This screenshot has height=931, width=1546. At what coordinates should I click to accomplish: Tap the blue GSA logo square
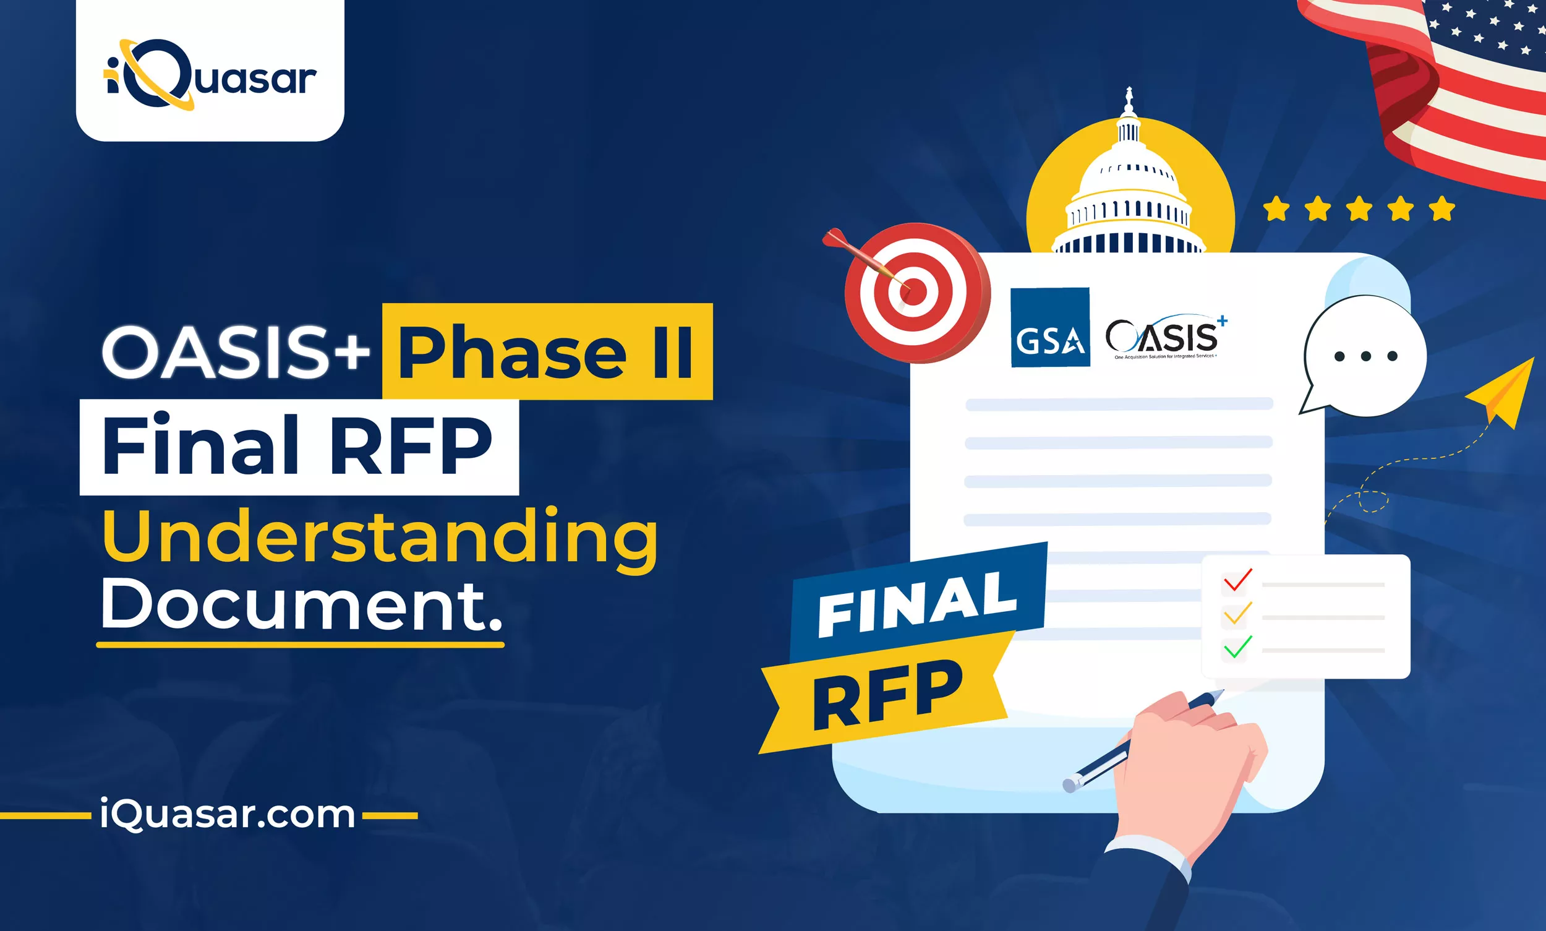click(x=1050, y=327)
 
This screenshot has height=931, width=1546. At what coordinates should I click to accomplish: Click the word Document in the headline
click(x=301, y=605)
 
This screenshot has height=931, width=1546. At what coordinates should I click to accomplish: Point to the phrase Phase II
click(x=546, y=353)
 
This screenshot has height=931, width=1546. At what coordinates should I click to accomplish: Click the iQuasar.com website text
click(x=227, y=814)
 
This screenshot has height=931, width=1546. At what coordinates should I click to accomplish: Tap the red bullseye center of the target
click(x=913, y=293)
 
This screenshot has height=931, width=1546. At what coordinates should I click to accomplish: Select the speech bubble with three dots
click(x=1365, y=356)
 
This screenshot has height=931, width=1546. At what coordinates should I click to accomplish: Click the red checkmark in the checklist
click(x=1237, y=580)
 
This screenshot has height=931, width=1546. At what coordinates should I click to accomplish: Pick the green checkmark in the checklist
click(x=1237, y=648)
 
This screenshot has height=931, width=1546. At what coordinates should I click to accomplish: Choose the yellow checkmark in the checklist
click(x=1237, y=614)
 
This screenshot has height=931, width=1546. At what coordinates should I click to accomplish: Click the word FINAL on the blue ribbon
click(x=917, y=604)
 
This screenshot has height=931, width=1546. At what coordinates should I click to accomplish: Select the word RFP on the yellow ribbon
click(x=887, y=695)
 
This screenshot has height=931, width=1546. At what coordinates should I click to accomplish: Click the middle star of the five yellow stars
click(x=1359, y=209)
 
